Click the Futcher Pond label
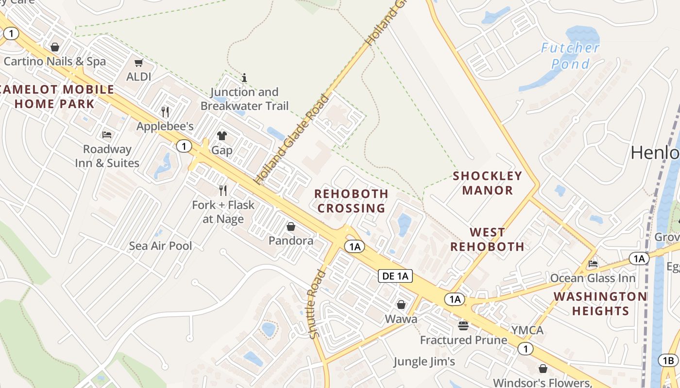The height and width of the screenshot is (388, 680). pos(570,55)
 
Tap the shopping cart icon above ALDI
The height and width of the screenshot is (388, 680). pos(139,63)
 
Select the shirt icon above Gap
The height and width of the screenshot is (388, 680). pos(221,135)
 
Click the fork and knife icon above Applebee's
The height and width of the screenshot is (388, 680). pos(165,112)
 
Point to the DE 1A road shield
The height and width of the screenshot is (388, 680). pos(396,276)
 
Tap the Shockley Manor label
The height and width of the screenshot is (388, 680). pos(487,183)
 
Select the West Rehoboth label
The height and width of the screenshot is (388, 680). pos(487,240)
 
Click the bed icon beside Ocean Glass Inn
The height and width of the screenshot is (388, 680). pos(593,264)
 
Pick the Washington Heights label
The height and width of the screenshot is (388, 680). pos(600,303)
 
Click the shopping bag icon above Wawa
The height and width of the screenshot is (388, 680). pos(401,305)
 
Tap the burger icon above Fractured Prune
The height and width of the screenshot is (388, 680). pos(463,325)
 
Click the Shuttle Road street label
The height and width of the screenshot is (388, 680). pos(315,304)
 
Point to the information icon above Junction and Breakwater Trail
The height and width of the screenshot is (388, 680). pos(244,78)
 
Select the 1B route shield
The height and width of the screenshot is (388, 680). pos(668,360)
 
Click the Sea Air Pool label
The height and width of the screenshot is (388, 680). pos(160,246)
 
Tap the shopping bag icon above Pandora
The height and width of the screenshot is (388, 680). pos(290,226)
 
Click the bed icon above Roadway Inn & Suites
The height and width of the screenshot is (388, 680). pos(107,134)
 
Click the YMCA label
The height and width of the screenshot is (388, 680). pos(527,330)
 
